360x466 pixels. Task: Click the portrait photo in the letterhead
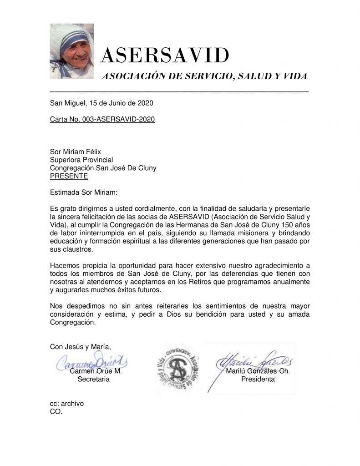[x=72, y=51]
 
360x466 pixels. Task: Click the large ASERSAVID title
[x=164, y=56]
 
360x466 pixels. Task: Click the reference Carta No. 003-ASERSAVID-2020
[x=102, y=120]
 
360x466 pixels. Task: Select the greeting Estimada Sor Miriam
[x=84, y=192]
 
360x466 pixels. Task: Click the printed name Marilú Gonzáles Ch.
[x=258, y=371]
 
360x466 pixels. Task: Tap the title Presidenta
[x=258, y=379]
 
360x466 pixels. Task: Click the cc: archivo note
[x=67, y=403]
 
